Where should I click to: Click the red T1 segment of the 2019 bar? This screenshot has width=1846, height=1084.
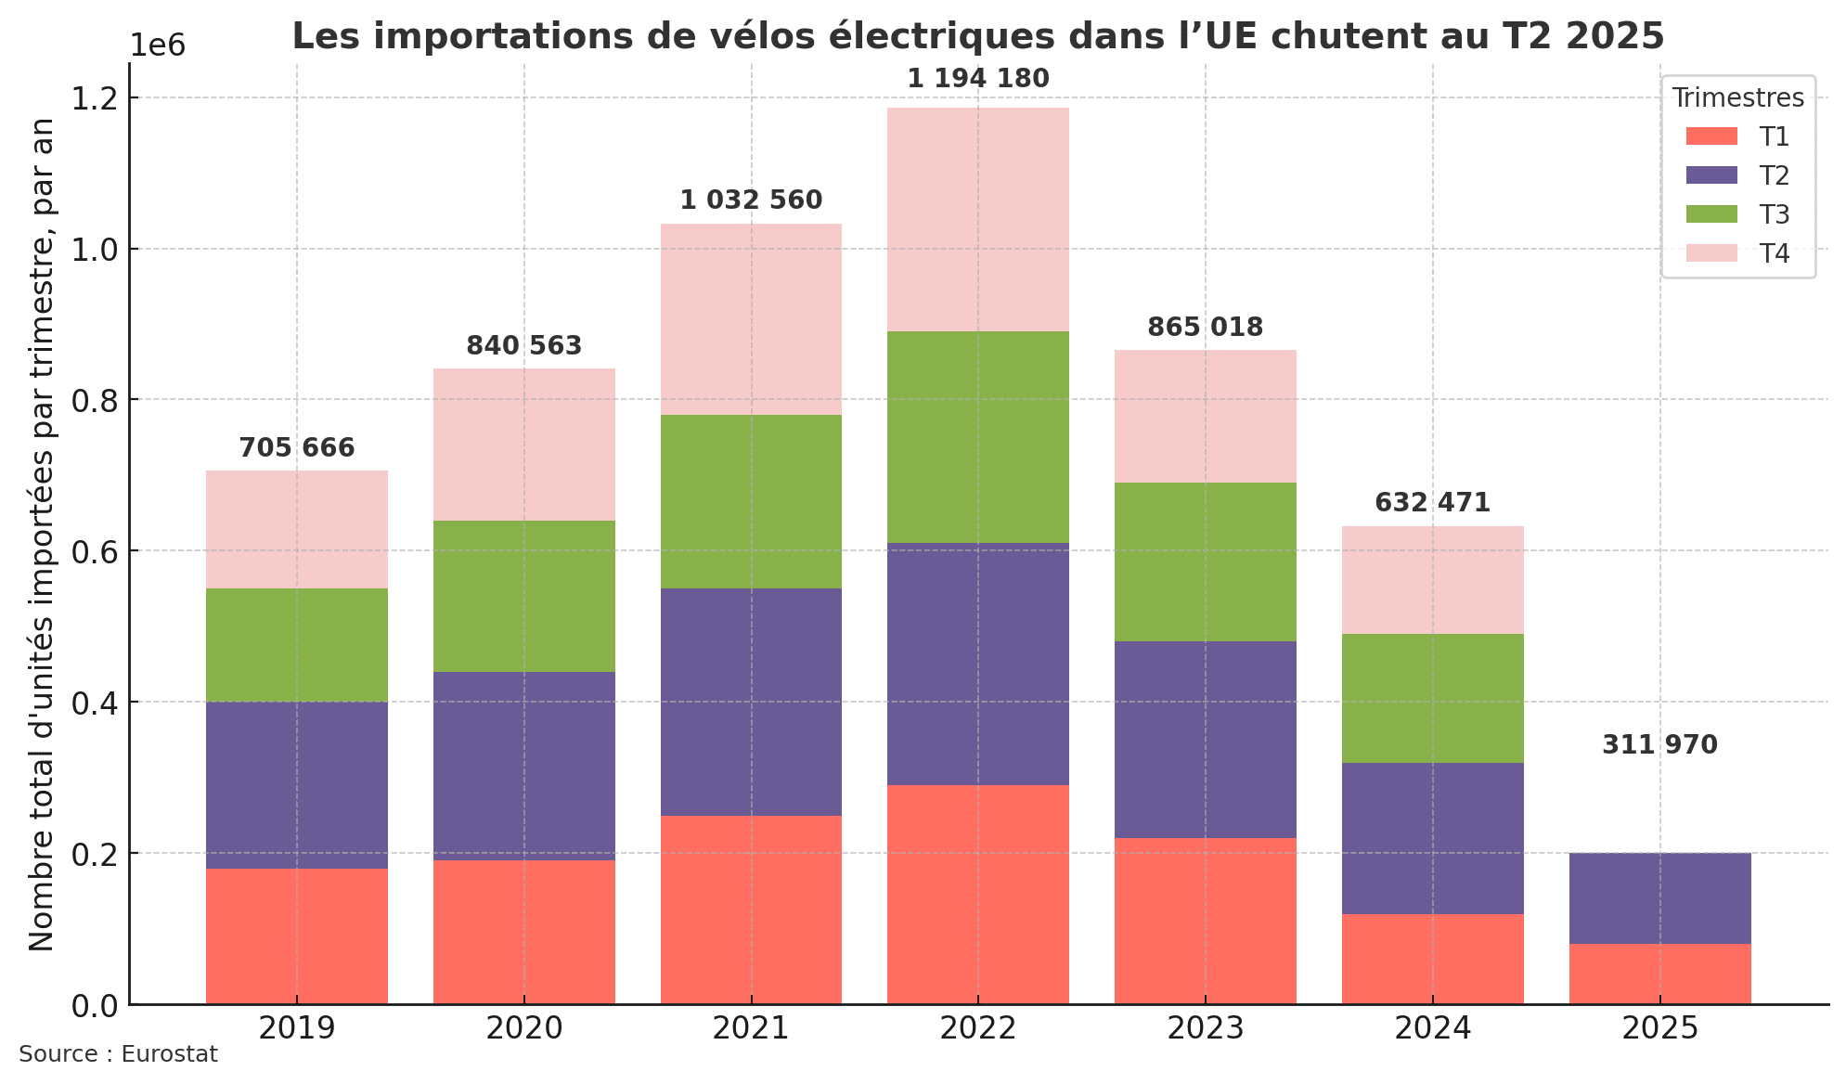pos(296,936)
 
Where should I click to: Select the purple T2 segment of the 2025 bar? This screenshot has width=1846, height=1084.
pos(1659,897)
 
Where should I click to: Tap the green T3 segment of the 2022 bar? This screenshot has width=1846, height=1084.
pos(977,437)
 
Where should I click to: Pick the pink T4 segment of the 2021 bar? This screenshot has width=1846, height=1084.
pos(751,319)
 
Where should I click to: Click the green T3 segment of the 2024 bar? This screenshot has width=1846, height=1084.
pos(1432,698)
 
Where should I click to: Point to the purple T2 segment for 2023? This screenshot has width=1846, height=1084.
pos(1205,740)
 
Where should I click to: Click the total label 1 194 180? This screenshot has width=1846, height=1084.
pos(977,79)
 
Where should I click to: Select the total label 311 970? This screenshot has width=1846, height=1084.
pos(1659,745)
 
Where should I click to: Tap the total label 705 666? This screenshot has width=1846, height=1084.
pos(296,448)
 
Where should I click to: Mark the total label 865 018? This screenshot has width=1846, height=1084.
pos(1205,328)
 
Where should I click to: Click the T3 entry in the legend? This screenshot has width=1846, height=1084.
pos(1737,214)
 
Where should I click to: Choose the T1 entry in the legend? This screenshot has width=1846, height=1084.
pos(1737,136)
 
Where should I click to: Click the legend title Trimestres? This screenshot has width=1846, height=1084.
pos(1737,97)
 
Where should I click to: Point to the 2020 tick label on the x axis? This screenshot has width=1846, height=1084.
pos(523,1028)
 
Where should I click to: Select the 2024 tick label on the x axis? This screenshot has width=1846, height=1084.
pos(1432,1028)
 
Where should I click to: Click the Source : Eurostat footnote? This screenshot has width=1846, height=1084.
pos(118,1055)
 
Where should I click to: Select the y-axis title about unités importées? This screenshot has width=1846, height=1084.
pos(41,534)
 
